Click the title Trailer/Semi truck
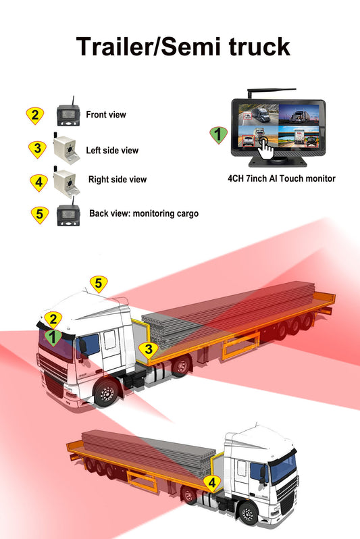[x=182, y=47]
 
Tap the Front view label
[x=106, y=115]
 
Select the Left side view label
[x=112, y=150]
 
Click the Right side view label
[x=118, y=180]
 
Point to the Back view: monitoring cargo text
[x=144, y=213]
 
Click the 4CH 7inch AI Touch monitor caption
[x=281, y=179]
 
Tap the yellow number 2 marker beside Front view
[x=34, y=115]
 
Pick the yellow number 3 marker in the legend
[x=38, y=148]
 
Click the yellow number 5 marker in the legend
[x=40, y=215]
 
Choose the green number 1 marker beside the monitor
[x=217, y=134]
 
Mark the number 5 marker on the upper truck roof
[x=99, y=284]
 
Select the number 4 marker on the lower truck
[x=212, y=482]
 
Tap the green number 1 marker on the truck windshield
[x=51, y=335]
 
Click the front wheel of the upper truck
[x=107, y=394]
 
